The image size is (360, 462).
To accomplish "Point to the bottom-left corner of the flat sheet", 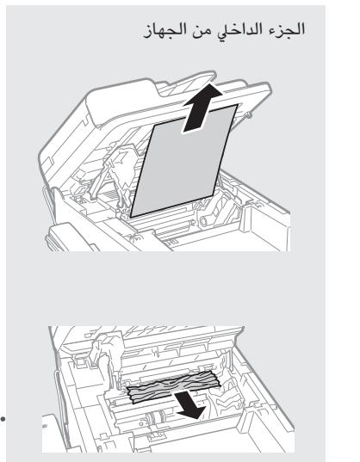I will pos(131,214).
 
